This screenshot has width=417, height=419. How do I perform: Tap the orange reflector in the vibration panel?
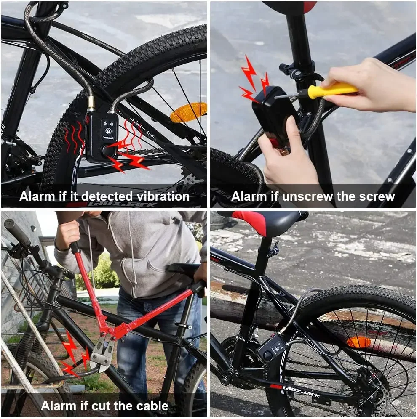click(x=189, y=112)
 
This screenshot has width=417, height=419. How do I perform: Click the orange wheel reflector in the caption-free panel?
click(x=358, y=342)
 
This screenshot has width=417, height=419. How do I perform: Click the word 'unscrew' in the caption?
click(x=308, y=196)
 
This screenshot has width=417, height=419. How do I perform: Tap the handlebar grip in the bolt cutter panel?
click(x=17, y=232)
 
